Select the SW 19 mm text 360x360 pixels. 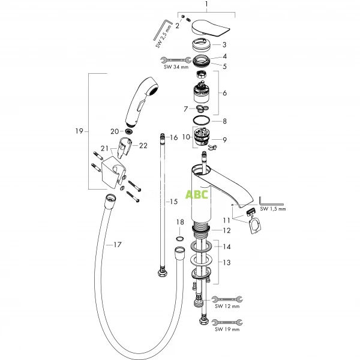[x=227, y=329]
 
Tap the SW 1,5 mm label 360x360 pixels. [x=274, y=209]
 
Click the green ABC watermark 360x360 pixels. [x=197, y=194]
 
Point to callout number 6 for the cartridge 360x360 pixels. [x=225, y=93]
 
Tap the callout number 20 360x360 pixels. [x=115, y=131]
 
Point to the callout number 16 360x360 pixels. [x=173, y=137]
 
